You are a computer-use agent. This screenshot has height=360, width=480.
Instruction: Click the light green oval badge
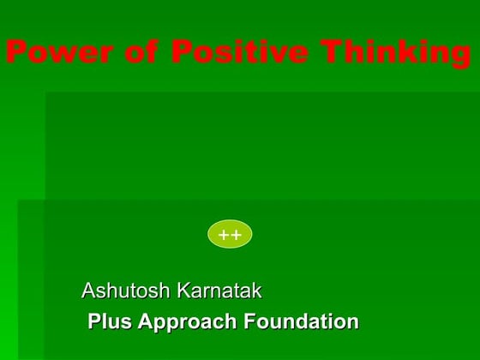(230, 234)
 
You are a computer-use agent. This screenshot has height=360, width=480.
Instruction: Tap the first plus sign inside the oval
(224, 234)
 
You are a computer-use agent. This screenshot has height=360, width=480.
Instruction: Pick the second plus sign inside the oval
(236, 234)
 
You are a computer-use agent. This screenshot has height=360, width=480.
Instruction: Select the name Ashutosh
(125, 291)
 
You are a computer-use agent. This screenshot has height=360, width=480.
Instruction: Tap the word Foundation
(302, 322)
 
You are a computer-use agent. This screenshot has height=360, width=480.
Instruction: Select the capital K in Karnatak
(183, 291)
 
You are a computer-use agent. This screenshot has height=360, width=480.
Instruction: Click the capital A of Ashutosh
(89, 291)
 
